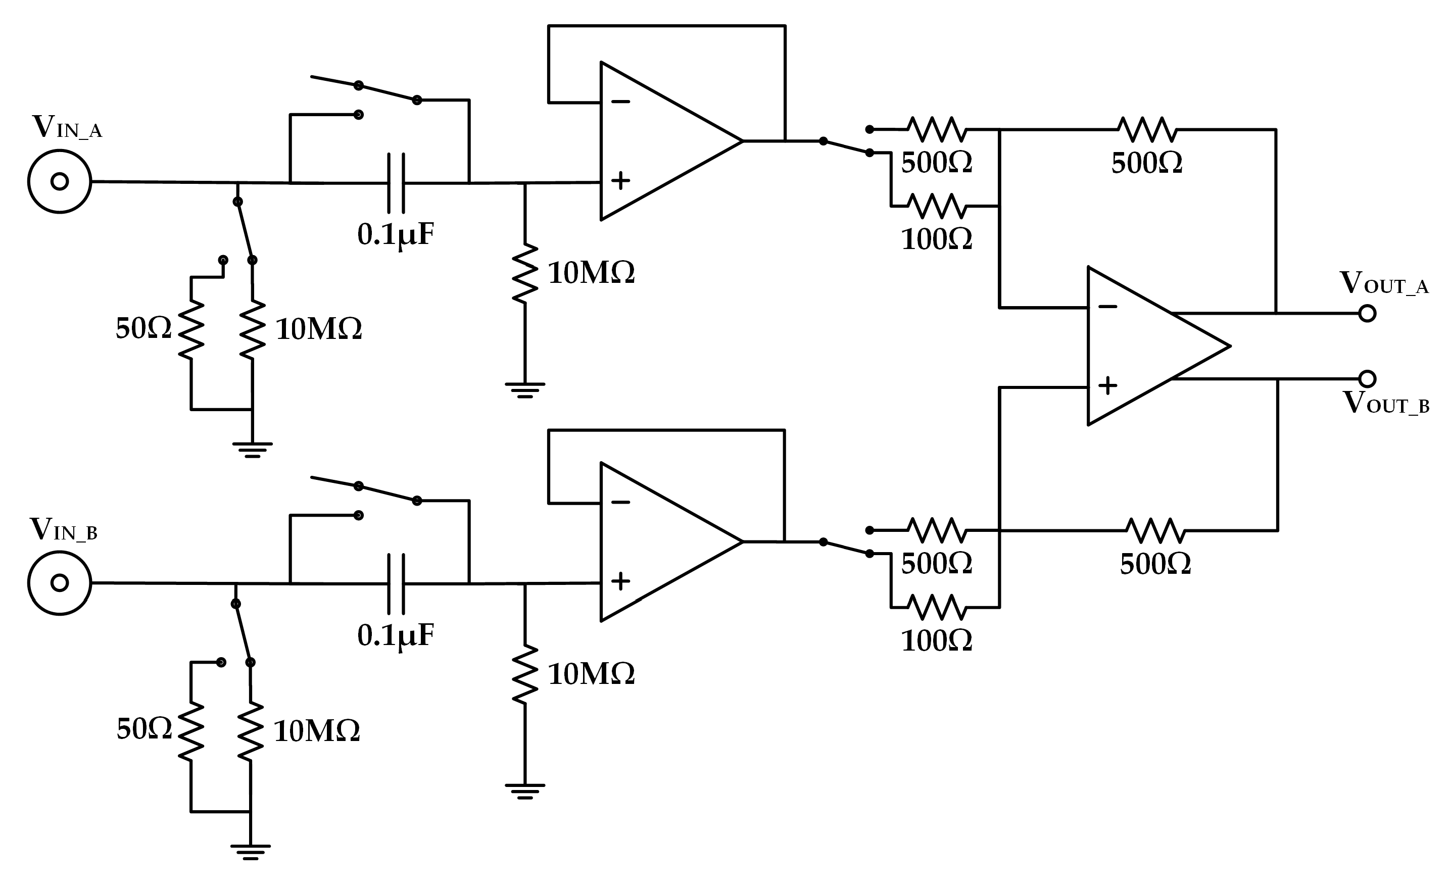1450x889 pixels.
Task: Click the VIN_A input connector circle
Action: (60, 181)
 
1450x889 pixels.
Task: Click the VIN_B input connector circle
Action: (60, 582)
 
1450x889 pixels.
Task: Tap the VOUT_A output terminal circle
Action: (1367, 314)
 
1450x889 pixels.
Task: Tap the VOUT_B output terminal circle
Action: (1367, 378)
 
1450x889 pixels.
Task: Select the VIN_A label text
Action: (67, 127)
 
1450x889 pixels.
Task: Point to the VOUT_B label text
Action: (1386, 404)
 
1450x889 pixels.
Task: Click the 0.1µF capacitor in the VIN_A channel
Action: (396, 183)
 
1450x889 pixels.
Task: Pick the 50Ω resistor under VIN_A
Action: (191, 329)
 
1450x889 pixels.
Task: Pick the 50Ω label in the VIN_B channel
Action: (144, 729)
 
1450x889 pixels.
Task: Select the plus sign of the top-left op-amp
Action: (620, 180)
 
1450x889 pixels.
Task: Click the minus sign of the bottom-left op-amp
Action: (620, 503)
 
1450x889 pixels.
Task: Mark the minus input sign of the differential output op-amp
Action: (1107, 307)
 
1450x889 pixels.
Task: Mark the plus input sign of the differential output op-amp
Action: (1107, 385)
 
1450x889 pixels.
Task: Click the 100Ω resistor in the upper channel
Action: (936, 206)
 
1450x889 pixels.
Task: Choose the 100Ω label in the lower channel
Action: (936, 641)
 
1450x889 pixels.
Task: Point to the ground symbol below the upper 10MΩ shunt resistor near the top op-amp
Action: (525, 390)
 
